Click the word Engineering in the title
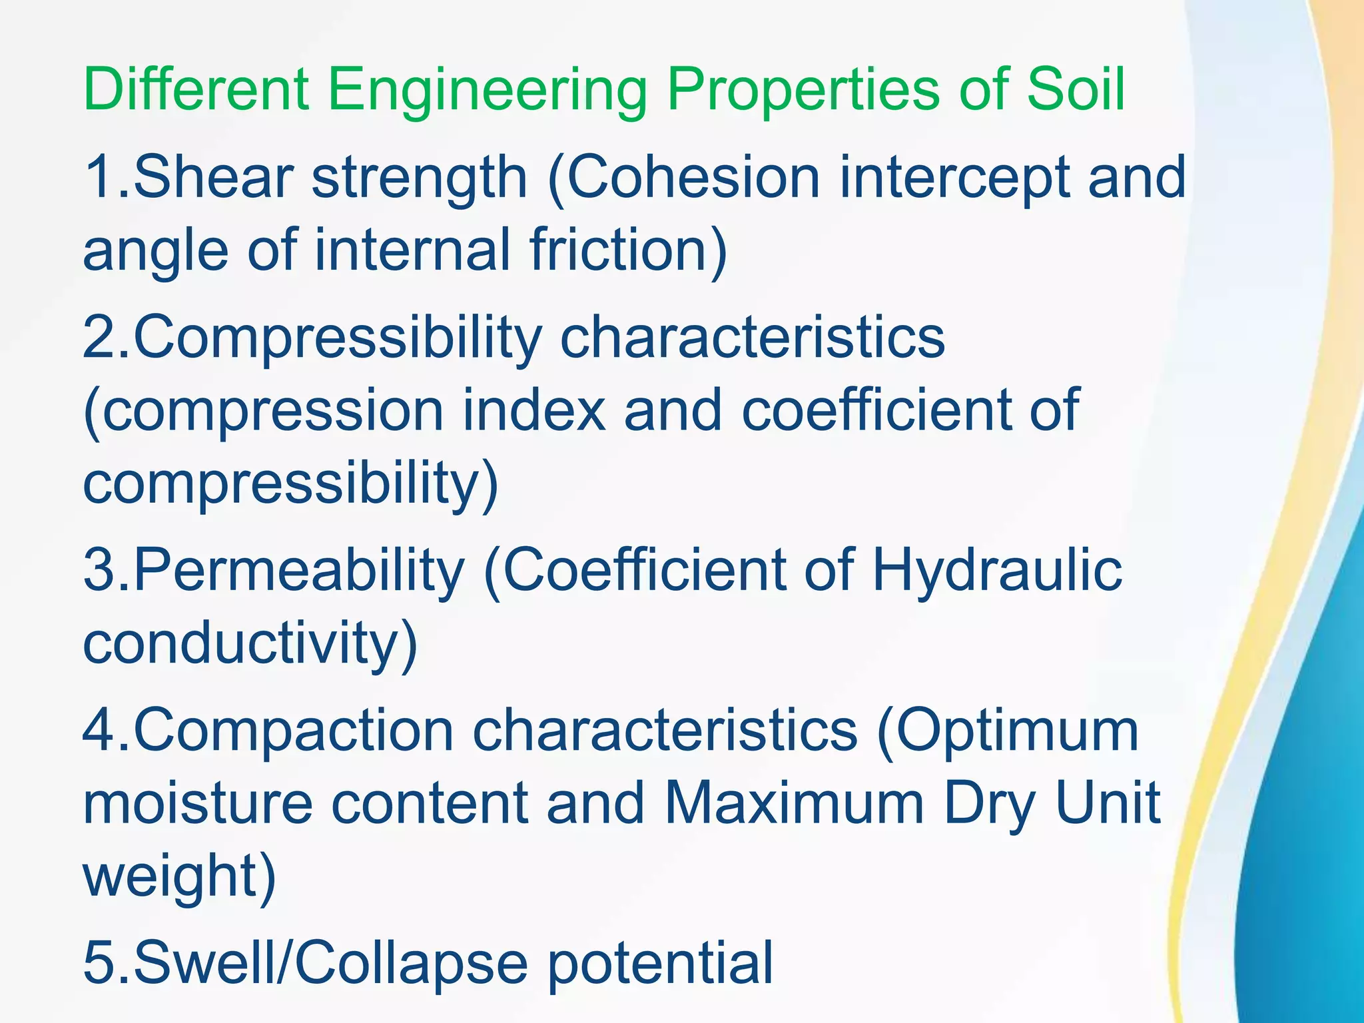pos(486,90)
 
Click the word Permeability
pos(299,571)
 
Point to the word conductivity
pos(250,643)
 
